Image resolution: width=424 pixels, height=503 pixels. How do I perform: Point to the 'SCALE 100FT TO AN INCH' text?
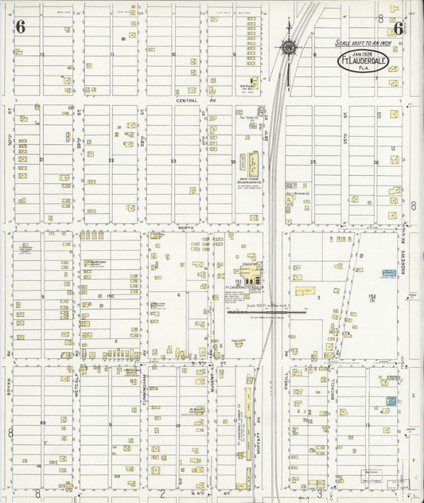pos(365,43)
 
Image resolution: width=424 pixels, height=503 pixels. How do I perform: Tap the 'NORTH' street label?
pos(185,228)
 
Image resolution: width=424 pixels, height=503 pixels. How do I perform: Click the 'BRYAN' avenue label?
pos(10,385)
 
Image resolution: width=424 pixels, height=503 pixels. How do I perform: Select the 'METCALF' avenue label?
pos(77,385)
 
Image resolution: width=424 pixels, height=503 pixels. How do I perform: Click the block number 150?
pos(111,296)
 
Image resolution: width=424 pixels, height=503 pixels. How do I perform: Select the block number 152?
pos(372,295)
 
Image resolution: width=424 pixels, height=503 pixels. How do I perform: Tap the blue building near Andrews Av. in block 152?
pos(389,273)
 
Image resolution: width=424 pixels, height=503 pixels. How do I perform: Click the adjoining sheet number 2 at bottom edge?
pos(161,493)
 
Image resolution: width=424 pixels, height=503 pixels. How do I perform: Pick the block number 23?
pos(173,161)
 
